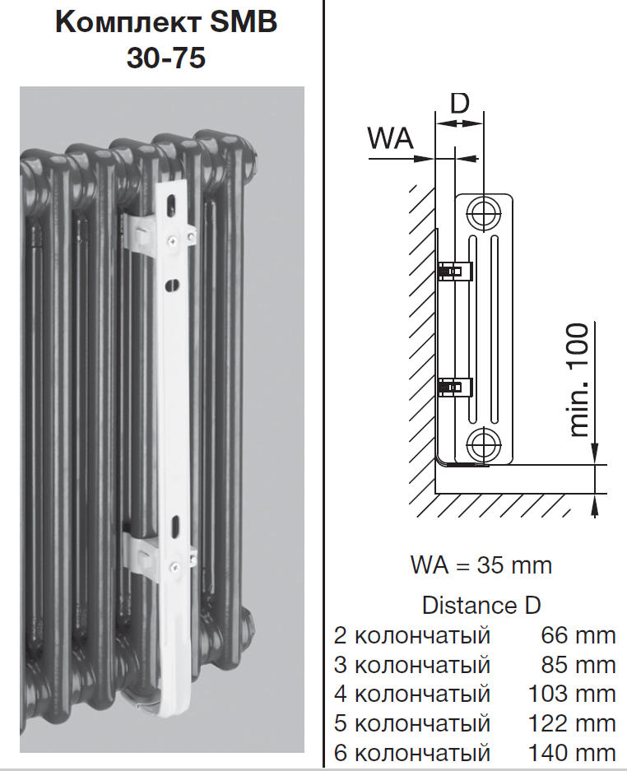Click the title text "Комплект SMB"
click(x=166, y=22)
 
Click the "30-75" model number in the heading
click(x=166, y=58)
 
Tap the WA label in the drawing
click(x=391, y=138)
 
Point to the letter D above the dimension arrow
click(x=460, y=103)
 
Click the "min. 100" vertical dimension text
click(x=578, y=380)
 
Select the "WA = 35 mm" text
click(x=481, y=565)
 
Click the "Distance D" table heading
click(x=481, y=606)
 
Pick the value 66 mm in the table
click(x=578, y=635)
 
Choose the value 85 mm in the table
click(x=578, y=665)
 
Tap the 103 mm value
click(x=572, y=694)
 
